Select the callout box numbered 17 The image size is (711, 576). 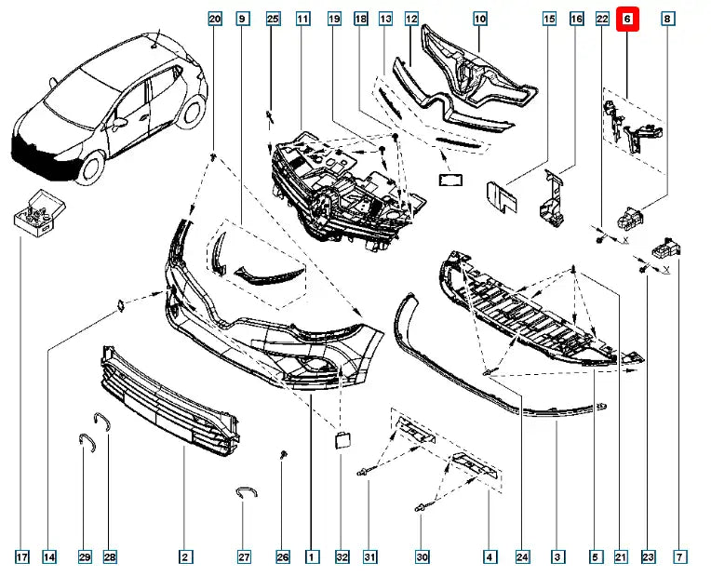click(21, 557)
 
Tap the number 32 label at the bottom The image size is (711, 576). click(342, 557)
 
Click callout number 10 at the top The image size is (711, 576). click(480, 19)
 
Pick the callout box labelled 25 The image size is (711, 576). click(273, 19)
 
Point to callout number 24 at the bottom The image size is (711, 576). click(522, 557)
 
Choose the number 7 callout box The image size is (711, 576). click(680, 557)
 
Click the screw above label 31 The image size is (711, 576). click(365, 472)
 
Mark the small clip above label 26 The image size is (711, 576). click(282, 455)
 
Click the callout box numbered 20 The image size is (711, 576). click(215, 19)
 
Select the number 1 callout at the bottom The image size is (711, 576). click(313, 557)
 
